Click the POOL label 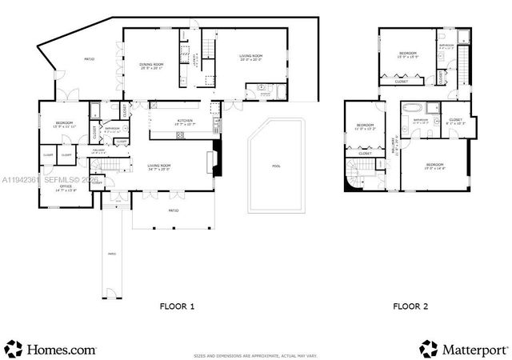coord(276,166)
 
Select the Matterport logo coord(463,349)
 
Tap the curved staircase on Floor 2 coord(357,170)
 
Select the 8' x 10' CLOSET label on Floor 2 coord(454,122)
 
